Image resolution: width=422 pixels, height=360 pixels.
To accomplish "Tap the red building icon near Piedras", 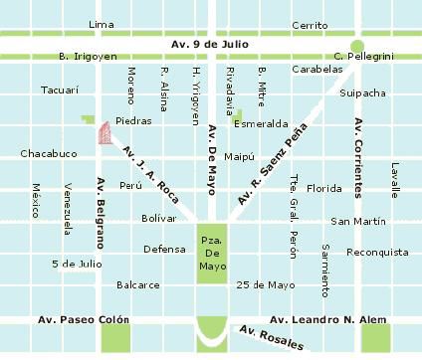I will click(103, 134).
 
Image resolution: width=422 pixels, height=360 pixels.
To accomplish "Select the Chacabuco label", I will click(48, 154).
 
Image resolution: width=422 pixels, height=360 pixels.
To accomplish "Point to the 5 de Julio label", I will click(77, 264).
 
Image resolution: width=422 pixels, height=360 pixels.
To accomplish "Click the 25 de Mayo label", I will click(267, 284).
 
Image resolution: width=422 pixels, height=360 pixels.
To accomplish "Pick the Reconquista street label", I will click(377, 252).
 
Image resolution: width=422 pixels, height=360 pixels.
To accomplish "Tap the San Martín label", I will click(358, 220).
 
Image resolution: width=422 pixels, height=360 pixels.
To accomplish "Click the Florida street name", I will click(323, 187).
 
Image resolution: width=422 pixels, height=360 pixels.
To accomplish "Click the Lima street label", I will click(101, 24).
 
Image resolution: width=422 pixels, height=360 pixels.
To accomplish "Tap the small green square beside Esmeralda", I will click(238, 114).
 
